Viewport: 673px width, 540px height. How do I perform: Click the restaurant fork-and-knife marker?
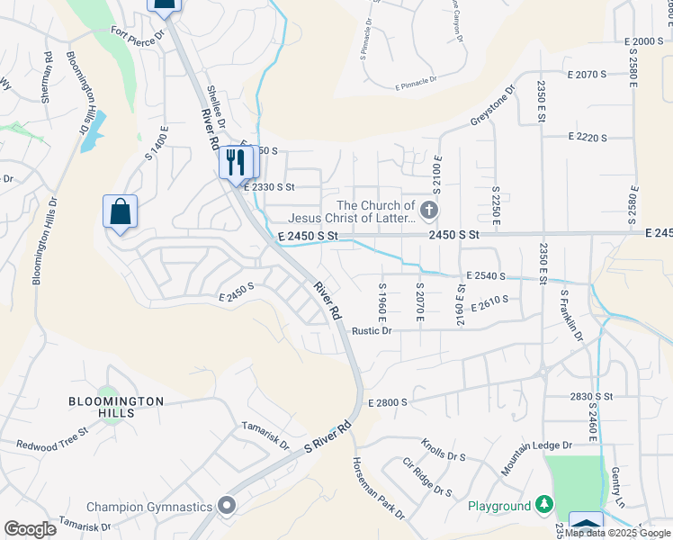point(237,163)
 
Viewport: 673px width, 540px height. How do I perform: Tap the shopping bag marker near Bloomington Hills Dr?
point(120,212)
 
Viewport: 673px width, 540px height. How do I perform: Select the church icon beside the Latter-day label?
point(428,211)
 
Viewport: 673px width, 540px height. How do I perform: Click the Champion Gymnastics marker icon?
point(226,506)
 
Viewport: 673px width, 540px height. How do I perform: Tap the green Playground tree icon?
point(543,506)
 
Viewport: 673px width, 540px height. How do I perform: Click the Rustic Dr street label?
point(372,330)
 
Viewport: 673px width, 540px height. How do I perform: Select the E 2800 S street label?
point(388,402)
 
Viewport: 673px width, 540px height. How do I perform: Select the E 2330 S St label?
point(271,186)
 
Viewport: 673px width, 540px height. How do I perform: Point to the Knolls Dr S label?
point(443,450)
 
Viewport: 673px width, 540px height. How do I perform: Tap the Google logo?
point(30,529)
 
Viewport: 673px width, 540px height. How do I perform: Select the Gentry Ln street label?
point(618,485)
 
